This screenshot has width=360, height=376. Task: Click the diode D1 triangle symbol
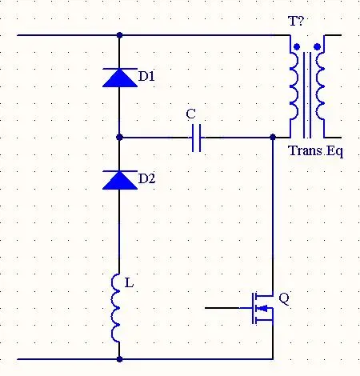pos(120,78)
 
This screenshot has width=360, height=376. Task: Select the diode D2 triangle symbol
pos(120,180)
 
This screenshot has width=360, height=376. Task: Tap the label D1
pos(146,77)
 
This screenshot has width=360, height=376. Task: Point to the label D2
pos(146,178)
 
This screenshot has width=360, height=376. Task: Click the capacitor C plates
pos(197,138)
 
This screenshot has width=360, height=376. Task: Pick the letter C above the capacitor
pos(191,114)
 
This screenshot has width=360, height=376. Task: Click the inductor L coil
pos(115,308)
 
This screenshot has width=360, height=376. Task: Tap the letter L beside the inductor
pos(129,283)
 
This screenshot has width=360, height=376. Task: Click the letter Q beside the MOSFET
pos(284,299)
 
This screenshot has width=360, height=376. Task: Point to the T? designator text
pos(296,21)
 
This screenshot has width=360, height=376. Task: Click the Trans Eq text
pos(316,151)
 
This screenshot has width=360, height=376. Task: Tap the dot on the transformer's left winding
pos(297,47)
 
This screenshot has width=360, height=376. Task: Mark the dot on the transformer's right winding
pos(317,47)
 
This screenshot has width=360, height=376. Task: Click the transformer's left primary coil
pos(294,86)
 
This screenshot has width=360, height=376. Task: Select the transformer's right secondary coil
pos(319,86)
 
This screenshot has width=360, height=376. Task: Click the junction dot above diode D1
pos(120,35)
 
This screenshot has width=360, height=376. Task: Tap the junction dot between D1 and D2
pos(120,138)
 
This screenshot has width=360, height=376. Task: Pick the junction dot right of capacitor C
pos(273,138)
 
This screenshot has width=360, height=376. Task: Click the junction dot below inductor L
pos(120,359)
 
